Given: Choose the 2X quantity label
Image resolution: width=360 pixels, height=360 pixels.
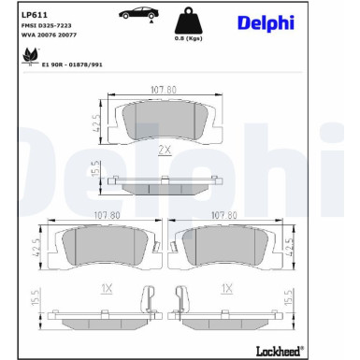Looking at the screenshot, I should pyautogui.click(x=165, y=150).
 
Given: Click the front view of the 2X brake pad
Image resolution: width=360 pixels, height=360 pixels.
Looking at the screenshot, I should pyautogui.click(x=165, y=120).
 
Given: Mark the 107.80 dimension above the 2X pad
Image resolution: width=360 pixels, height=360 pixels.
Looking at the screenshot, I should pyautogui.click(x=165, y=91).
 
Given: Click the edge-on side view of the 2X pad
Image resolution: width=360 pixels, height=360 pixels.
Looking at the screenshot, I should pyautogui.click(x=165, y=184).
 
